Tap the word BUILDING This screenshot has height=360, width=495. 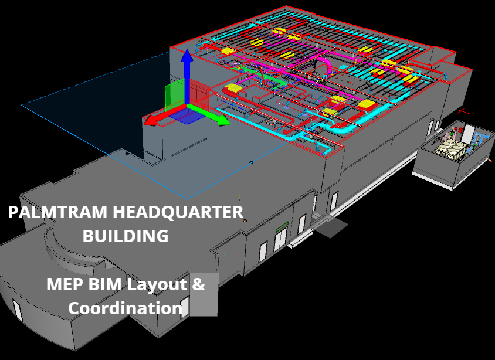[x=126, y=236]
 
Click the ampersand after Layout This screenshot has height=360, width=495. [x=199, y=286]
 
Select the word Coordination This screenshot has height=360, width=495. [x=125, y=308]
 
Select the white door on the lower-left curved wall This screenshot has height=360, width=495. [x=17, y=310]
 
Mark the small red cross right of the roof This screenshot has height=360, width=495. [x=463, y=110]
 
